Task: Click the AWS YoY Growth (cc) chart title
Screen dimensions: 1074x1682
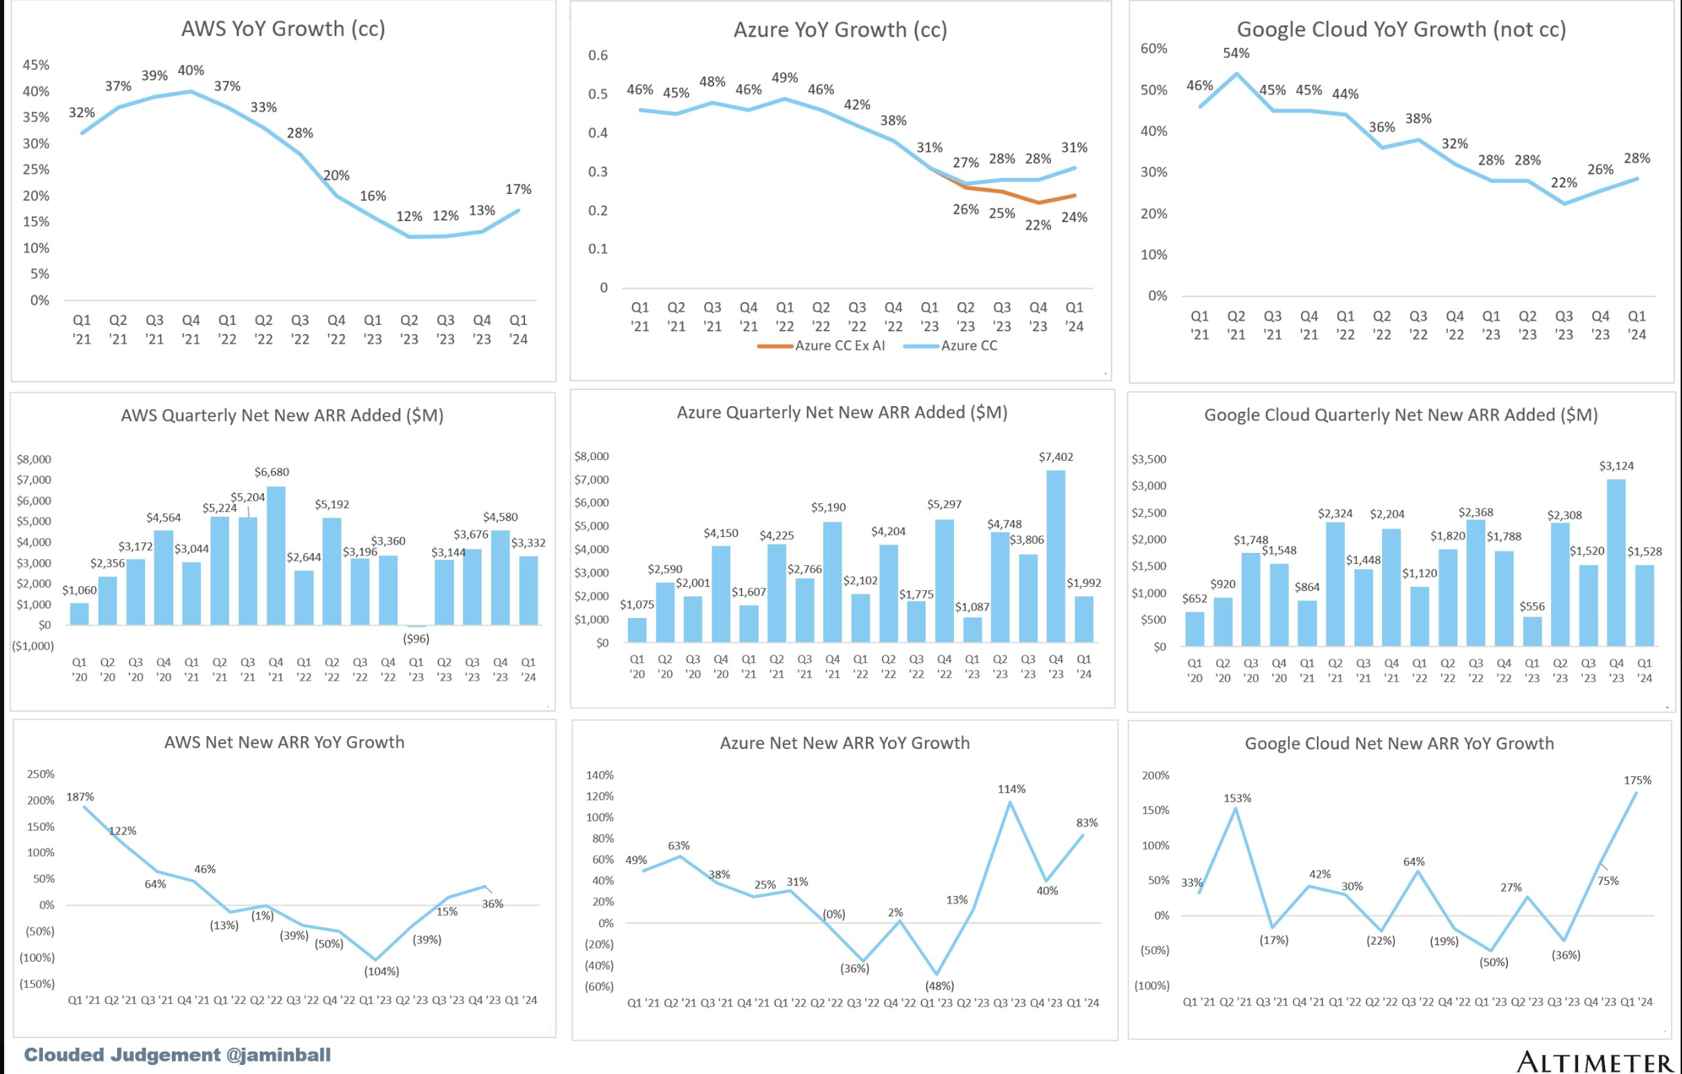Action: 283,28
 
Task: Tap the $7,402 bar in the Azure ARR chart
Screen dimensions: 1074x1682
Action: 1056,556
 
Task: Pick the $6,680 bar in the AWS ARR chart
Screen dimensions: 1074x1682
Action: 276,556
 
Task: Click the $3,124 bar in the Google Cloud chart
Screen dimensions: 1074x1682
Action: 1616,562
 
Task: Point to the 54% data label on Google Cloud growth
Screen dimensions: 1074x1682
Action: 1237,53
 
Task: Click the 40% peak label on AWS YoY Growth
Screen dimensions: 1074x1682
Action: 191,71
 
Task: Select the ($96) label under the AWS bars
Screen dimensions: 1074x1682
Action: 416,639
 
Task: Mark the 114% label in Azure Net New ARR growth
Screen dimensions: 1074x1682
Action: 1011,789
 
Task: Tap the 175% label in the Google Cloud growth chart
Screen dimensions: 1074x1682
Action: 1637,780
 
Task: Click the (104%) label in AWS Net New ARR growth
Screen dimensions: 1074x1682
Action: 382,971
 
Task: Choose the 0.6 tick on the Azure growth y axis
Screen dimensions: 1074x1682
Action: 598,55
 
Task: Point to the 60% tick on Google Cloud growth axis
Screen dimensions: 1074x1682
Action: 1154,49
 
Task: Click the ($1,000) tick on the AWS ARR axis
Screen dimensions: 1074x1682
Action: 33,646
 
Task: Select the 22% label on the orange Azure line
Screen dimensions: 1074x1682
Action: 1038,225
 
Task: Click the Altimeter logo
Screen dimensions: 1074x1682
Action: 1595,1061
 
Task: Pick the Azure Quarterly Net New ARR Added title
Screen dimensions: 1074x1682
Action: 842,412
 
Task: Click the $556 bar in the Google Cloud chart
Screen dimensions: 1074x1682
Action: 1532,631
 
